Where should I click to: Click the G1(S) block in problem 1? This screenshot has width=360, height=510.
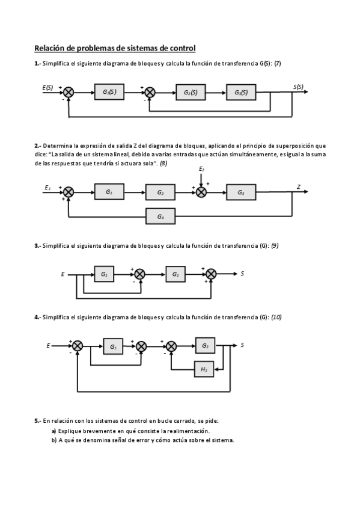(x=109, y=92)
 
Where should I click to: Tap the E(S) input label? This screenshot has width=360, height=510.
(x=47, y=87)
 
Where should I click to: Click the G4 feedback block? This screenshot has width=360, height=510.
(x=160, y=216)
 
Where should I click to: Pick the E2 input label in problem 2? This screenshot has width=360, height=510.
(x=202, y=170)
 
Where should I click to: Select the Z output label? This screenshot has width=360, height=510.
(x=299, y=187)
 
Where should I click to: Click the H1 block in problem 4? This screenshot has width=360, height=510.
(x=204, y=369)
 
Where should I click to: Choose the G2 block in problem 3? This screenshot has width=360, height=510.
(x=175, y=274)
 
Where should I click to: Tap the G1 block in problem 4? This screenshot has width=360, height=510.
(x=112, y=346)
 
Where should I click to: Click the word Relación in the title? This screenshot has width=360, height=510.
(x=50, y=48)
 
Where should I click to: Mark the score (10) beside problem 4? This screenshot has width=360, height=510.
(x=276, y=317)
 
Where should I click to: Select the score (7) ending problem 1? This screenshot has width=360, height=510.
(x=278, y=64)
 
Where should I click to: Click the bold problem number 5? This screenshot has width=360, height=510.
(x=37, y=421)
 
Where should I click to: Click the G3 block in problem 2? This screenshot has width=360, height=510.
(x=241, y=192)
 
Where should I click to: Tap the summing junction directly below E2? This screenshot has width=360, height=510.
(x=202, y=192)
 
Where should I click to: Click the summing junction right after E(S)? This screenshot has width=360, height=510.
(x=69, y=92)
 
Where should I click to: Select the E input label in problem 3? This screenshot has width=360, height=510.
(x=63, y=274)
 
